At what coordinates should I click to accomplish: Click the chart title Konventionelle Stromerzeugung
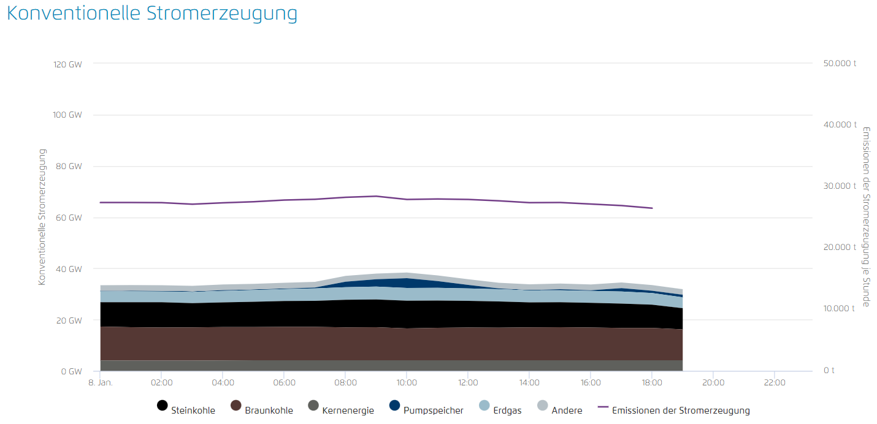coord(151,14)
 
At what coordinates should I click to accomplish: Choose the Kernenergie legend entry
coord(340,410)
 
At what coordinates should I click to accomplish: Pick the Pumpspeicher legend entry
coord(426,410)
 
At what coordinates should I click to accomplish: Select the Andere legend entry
coord(559,410)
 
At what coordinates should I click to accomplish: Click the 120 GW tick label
coord(67,64)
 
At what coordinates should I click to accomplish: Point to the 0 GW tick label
coord(71,371)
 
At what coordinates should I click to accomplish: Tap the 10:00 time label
coord(407,383)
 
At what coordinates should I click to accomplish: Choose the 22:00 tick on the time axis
coord(775,383)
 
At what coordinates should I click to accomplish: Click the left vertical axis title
coord(42,217)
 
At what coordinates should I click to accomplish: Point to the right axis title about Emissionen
coord(866,217)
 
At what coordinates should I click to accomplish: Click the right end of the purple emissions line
coord(651,208)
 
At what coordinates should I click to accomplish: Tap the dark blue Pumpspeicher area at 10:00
coord(407,282)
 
